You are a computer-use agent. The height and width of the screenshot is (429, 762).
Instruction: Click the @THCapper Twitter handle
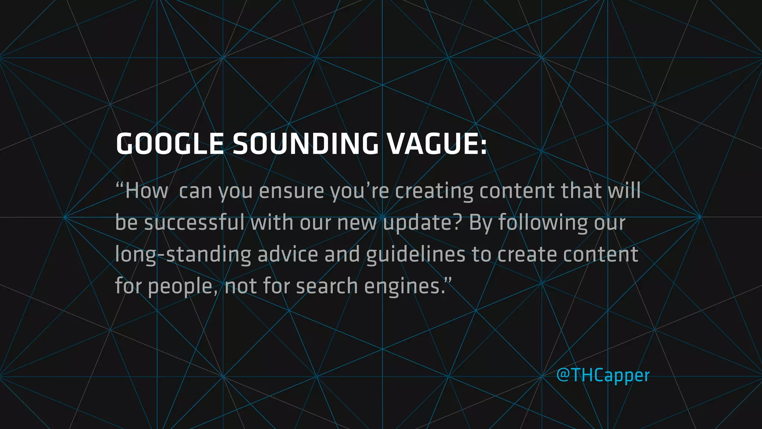[603, 375]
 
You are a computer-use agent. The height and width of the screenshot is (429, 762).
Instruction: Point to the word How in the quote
[146, 191]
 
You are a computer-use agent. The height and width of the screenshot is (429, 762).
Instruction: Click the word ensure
[291, 191]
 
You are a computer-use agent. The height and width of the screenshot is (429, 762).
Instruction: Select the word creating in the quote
[434, 191]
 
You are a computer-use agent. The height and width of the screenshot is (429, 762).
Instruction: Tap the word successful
[194, 223]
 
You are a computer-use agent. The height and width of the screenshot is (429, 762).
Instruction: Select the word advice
[288, 254]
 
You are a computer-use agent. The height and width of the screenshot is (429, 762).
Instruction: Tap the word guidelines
[416, 255]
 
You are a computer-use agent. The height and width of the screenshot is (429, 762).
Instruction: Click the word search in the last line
[327, 286]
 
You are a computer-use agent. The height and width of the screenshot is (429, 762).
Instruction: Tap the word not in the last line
[241, 286]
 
